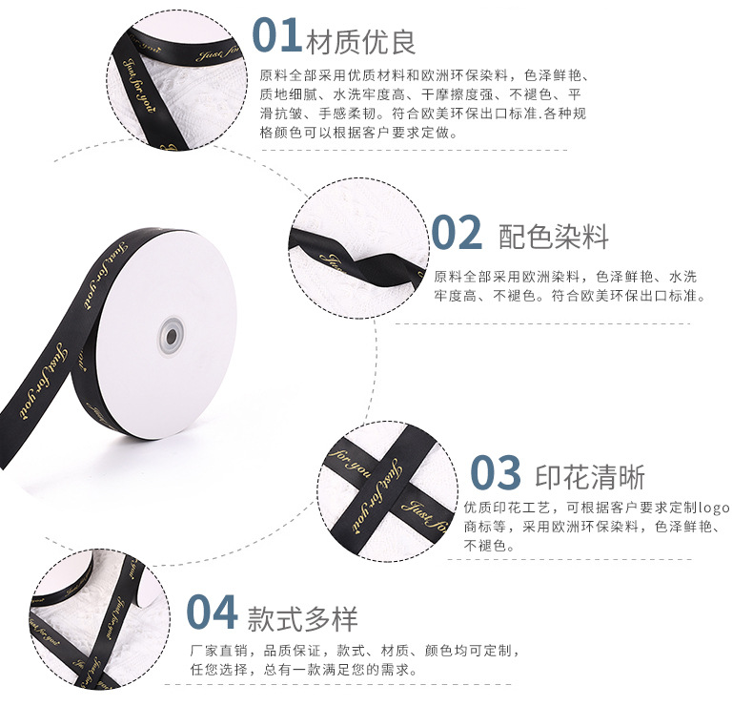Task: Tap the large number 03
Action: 496,473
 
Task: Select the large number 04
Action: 212,613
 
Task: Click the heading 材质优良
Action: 361,40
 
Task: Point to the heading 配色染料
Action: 553,237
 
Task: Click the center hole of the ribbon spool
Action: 172,335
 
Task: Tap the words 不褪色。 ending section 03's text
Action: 490,546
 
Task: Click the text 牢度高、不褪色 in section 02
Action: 490,296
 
